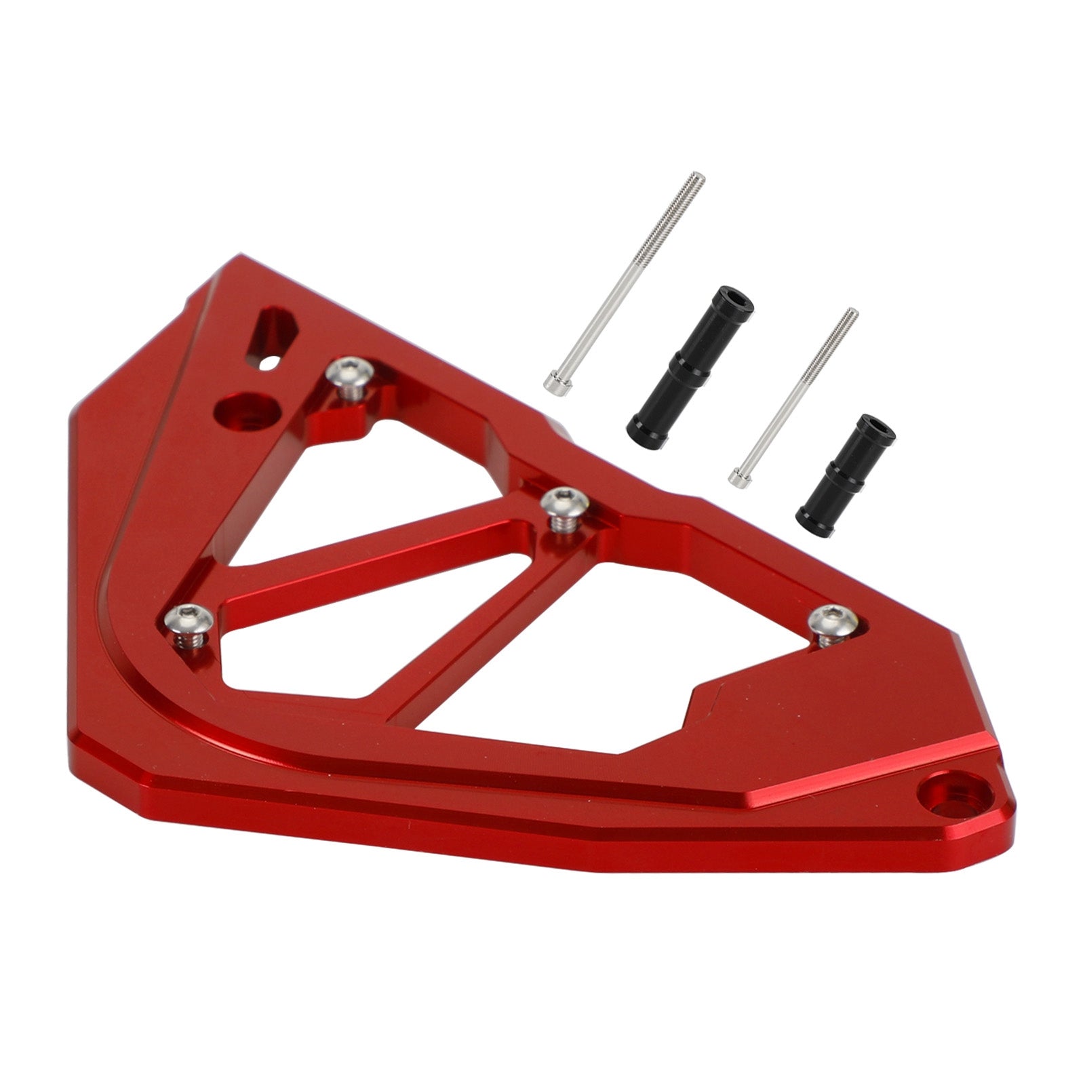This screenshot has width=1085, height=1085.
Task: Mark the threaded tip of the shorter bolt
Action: pos(852,315)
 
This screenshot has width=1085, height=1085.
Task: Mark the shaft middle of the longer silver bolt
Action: pos(627,279)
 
